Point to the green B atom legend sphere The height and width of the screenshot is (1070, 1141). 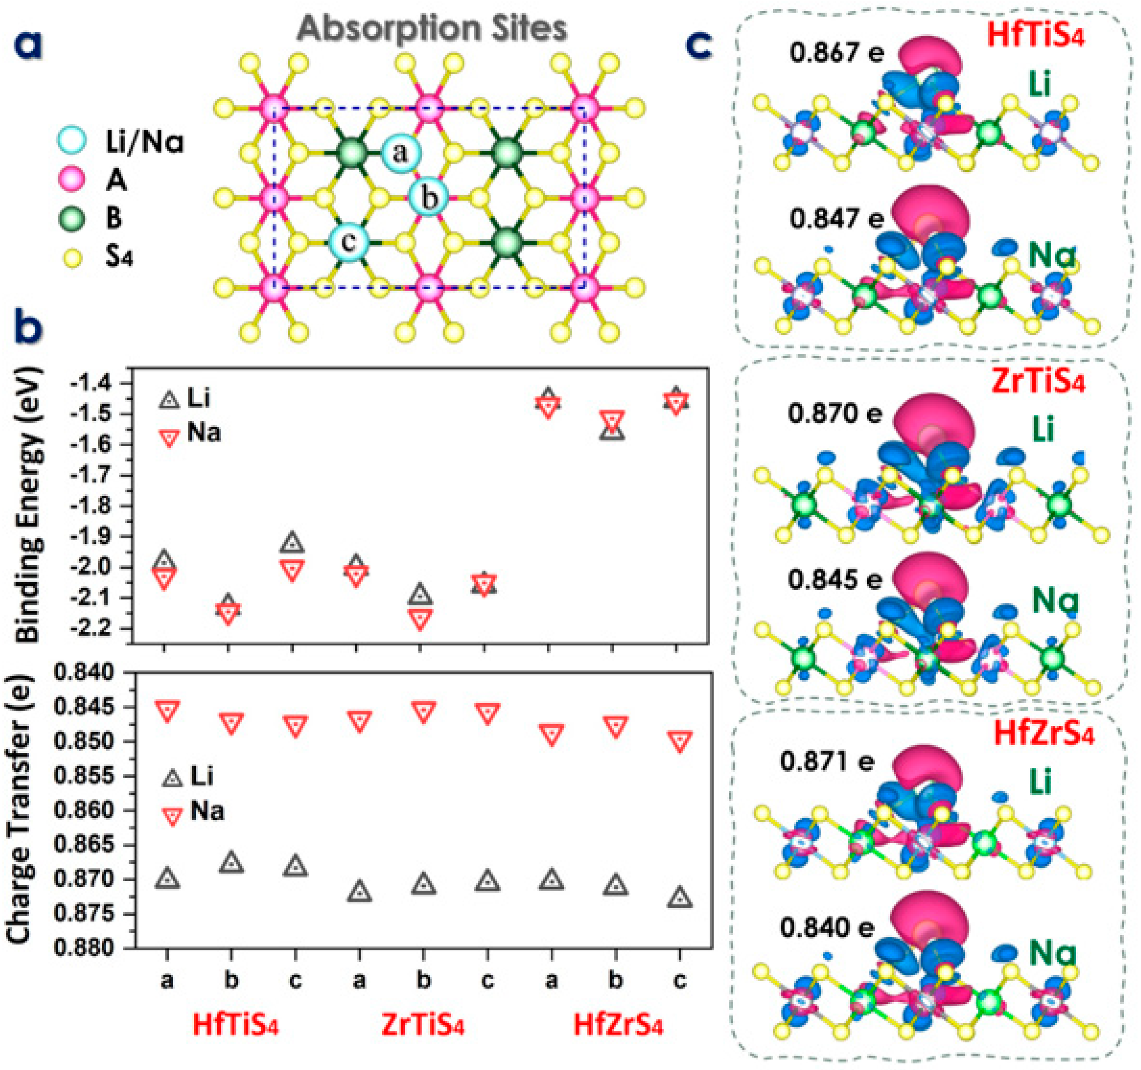(x=71, y=219)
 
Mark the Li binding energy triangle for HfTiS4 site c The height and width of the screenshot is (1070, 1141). (x=293, y=542)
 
